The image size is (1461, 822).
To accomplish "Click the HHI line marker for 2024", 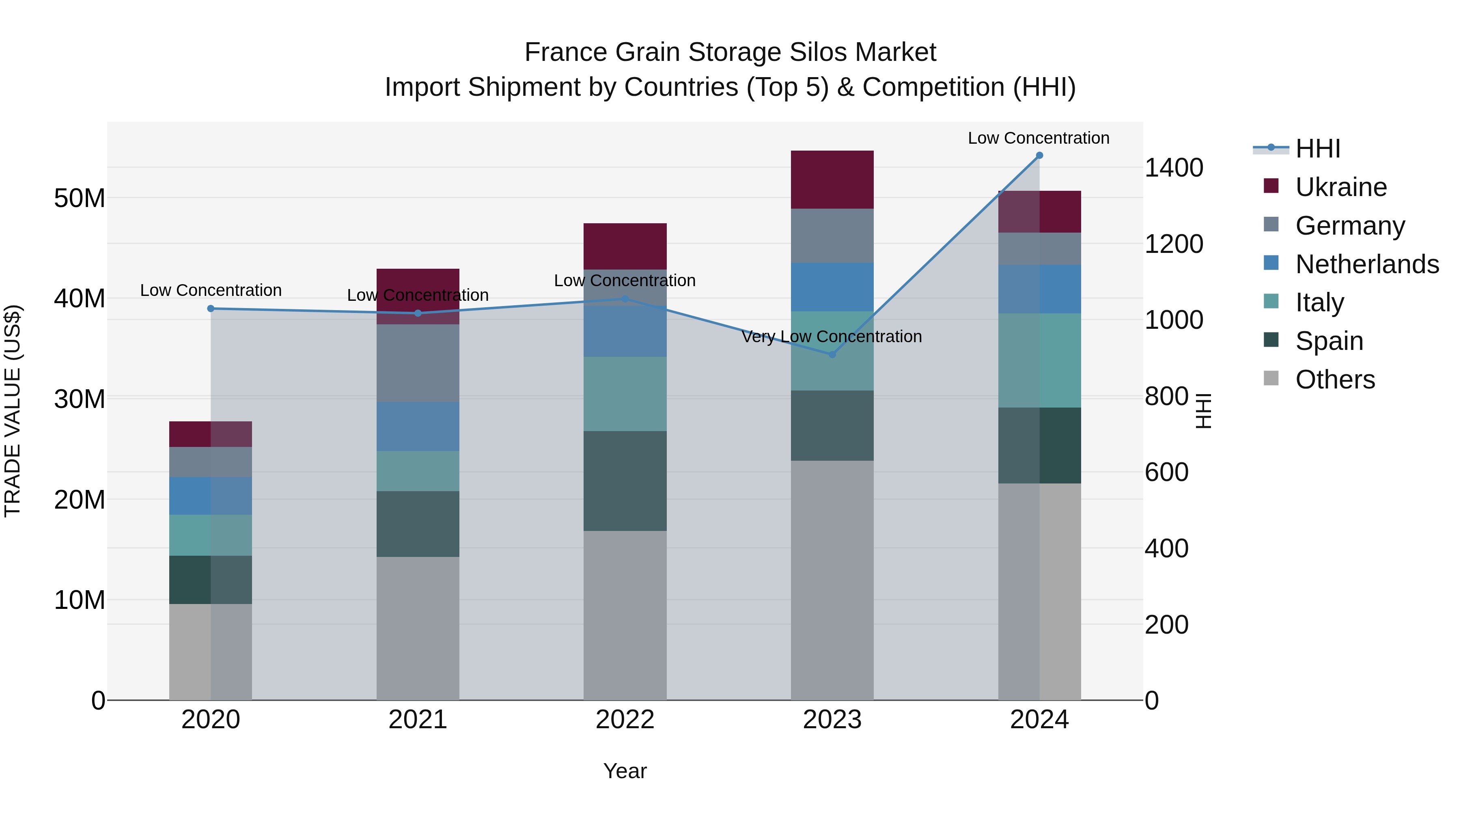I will (x=1039, y=155).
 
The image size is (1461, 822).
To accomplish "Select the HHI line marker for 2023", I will (x=832, y=354).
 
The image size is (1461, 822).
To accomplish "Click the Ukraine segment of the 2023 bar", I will (x=832, y=180).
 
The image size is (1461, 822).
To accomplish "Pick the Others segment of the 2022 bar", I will (x=625, y=615).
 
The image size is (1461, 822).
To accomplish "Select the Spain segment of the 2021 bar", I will (x=418, y=524).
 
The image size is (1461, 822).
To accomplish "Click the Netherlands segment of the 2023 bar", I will (x=832, y=287).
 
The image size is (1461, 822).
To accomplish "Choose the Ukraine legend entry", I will (x=1341, y=187).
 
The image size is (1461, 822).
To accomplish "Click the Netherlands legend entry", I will (x=1367, y=264).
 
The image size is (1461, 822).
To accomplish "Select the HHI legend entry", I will (x=1317, y=149).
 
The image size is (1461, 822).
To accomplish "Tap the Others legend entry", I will (x=1334, y=380).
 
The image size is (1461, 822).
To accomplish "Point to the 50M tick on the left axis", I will (x=80, y=198).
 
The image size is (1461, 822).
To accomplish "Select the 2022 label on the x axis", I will (x=625, y=720).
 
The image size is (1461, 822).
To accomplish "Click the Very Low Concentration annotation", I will (x=832, y=337).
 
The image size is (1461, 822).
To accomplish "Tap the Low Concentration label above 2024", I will (x=1039, y=138).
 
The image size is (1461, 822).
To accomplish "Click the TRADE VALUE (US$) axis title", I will (x=13, y=411).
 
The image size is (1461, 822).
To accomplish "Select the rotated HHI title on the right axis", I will (x=1202, y=411).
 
